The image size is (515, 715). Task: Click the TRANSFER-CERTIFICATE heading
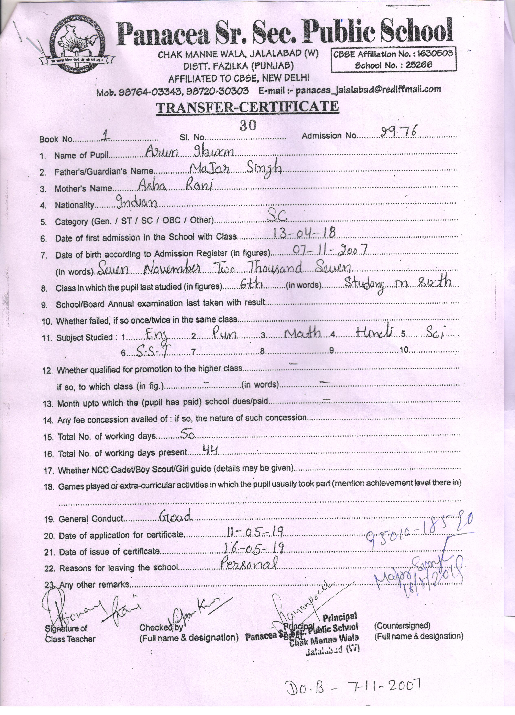click(x=247, y=107)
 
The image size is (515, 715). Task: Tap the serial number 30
click(x=248, y=126)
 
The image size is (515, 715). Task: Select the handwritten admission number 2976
click(x=399, y=132)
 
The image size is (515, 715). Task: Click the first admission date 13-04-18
click(x=304, y=234)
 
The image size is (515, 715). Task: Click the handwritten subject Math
click(x=302, y=334)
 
